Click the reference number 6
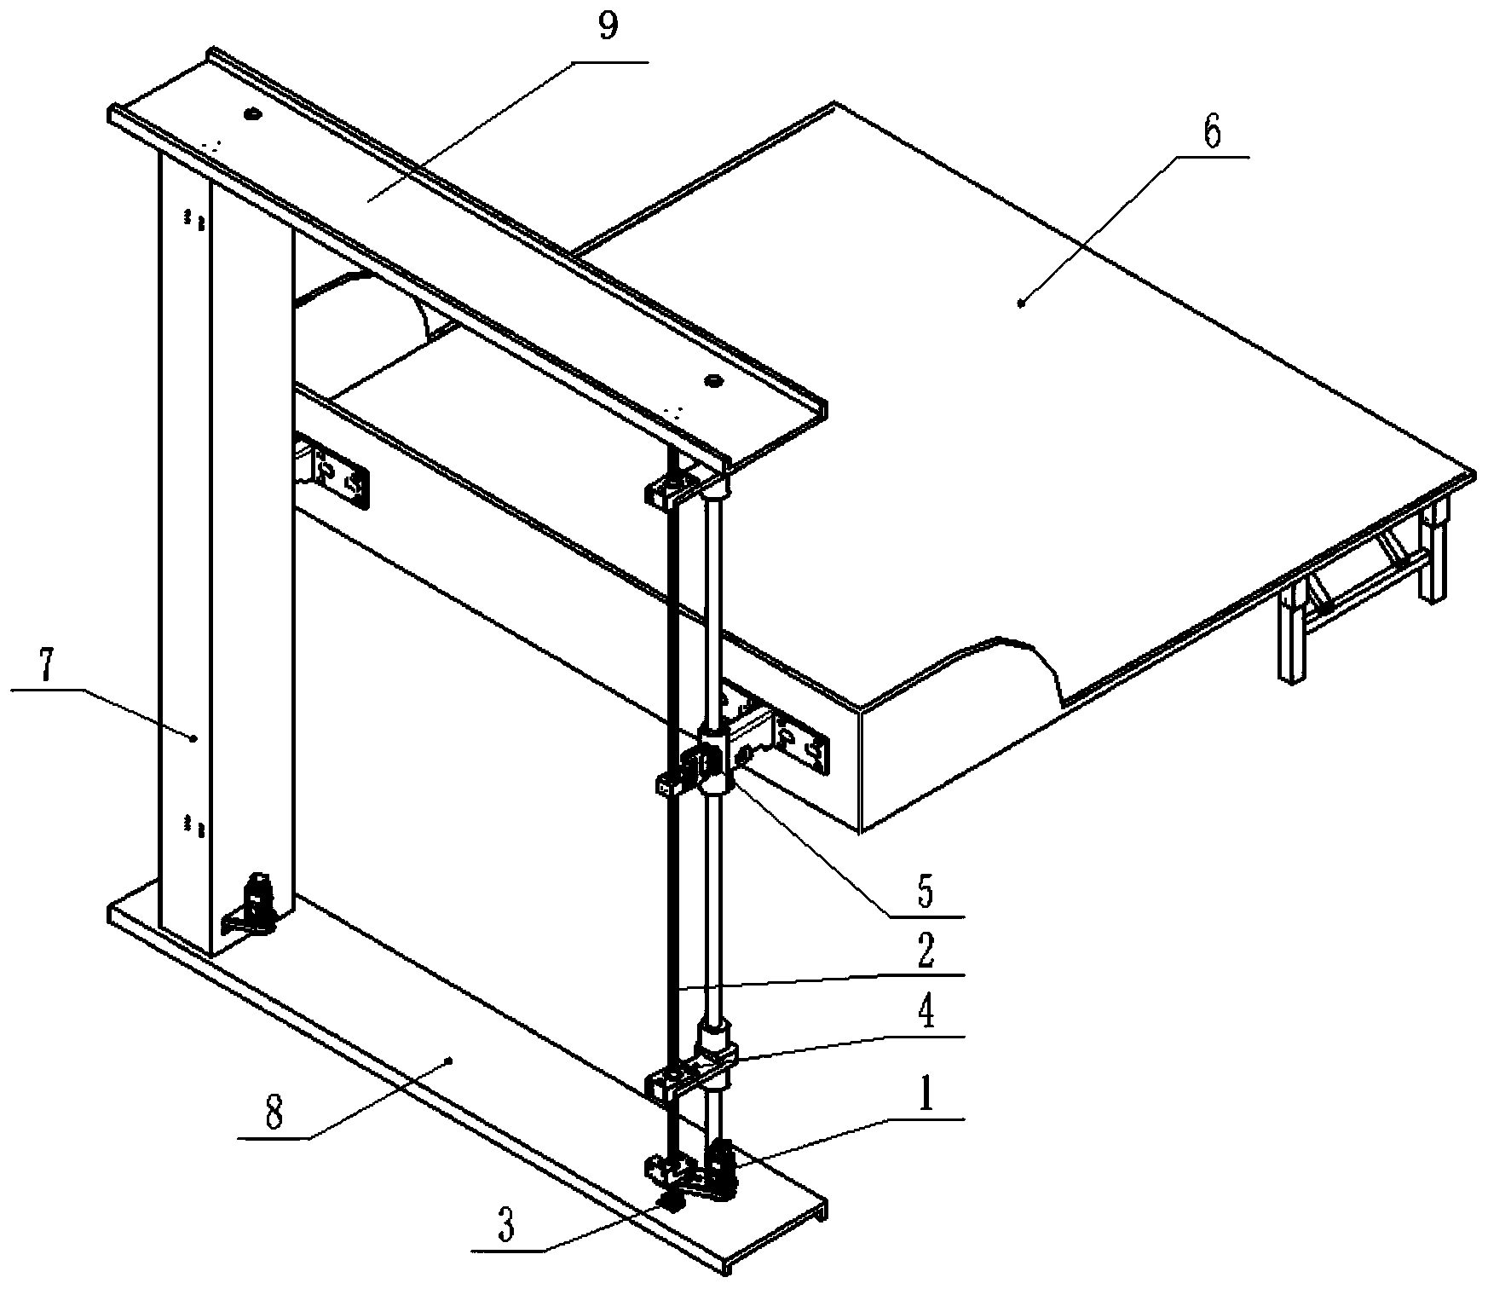click(x=1212, y=132)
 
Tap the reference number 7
click(x=48, y=668)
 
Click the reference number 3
click(x=506, y=1228)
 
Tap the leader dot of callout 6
click(x=1021, y=301)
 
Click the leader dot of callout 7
click(x=194, y=738)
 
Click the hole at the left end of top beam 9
click(x=251, y=113)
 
